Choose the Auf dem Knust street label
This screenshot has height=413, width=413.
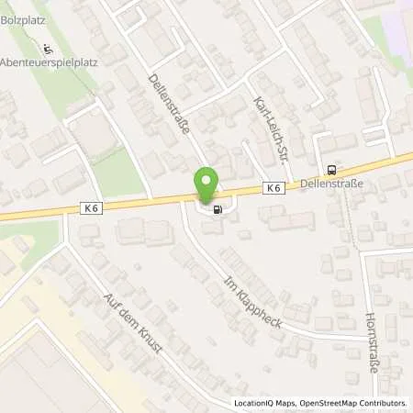(132, 325)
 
